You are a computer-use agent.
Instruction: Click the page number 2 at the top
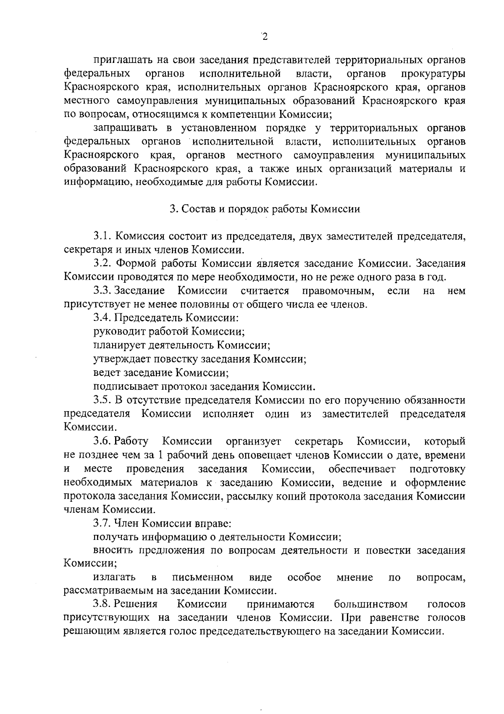pyautogui.click(x=264, y=37)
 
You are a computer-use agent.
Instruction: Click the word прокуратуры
pyautogui.click(x=433, y=74)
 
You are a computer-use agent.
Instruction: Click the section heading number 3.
pyautogui.click(x=173, y=209)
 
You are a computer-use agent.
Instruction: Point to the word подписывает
pyautogui.click(x=126, y=386)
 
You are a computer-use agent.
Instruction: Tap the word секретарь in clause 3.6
pyautogui.click(x=319, y=441)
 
